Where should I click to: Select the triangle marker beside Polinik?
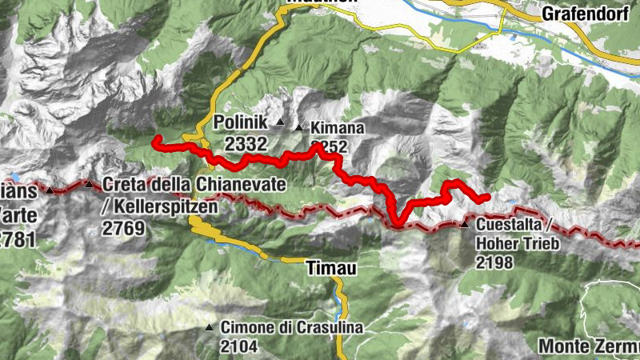coord(280,122)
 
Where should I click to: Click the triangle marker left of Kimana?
coord(299,127)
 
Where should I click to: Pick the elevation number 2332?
coord(246,143)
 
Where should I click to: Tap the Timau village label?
coord(330,270)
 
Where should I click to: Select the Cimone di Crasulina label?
coord(292,327)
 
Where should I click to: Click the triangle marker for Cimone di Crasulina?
coord(209,327)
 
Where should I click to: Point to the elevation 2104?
coord(240,346)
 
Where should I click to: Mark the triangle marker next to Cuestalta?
coord(465,224)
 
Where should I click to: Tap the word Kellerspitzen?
coord(160,207)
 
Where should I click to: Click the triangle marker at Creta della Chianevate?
coord(88,185)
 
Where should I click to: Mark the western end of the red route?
coord(155,142)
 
